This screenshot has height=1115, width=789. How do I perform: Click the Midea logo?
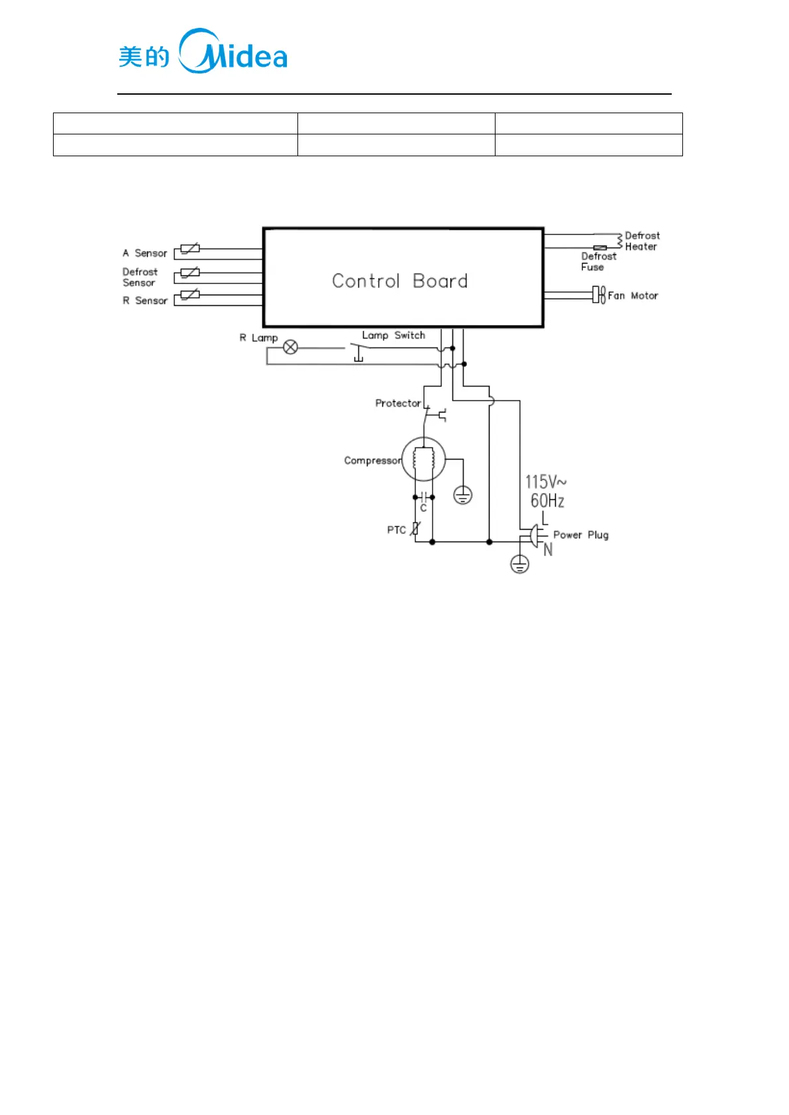coord(203,52)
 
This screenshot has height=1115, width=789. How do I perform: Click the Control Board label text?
coord(399,281)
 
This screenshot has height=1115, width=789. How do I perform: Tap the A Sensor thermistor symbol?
coord(189,250)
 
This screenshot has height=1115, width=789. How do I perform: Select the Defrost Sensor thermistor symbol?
coord(189,272)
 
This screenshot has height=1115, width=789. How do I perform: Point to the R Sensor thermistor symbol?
coord(189,295)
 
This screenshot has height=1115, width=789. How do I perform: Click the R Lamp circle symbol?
coord(290,347)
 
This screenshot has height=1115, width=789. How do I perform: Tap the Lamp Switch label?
coord(393,336)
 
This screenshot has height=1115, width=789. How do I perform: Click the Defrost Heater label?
coord(641,241)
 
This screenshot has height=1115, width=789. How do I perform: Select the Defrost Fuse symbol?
coord(600,248)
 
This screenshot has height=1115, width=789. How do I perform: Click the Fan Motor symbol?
coord(599,295)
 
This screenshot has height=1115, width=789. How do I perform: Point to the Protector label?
coord(397,403)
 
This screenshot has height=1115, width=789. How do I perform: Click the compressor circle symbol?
coord(423,459)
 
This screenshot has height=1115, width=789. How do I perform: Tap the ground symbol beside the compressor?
coord(462,495)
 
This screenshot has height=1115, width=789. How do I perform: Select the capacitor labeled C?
coord(423,497)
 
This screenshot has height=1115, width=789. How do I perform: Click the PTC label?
coord(396,530)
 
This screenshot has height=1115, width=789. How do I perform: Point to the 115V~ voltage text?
coord(545,481)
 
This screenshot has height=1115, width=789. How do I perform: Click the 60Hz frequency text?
coord(547,501)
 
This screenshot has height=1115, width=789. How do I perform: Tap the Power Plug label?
coord(580,535)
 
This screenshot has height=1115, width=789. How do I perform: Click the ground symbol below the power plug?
coord(519,564)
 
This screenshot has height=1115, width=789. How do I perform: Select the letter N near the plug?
coord(548,550)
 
